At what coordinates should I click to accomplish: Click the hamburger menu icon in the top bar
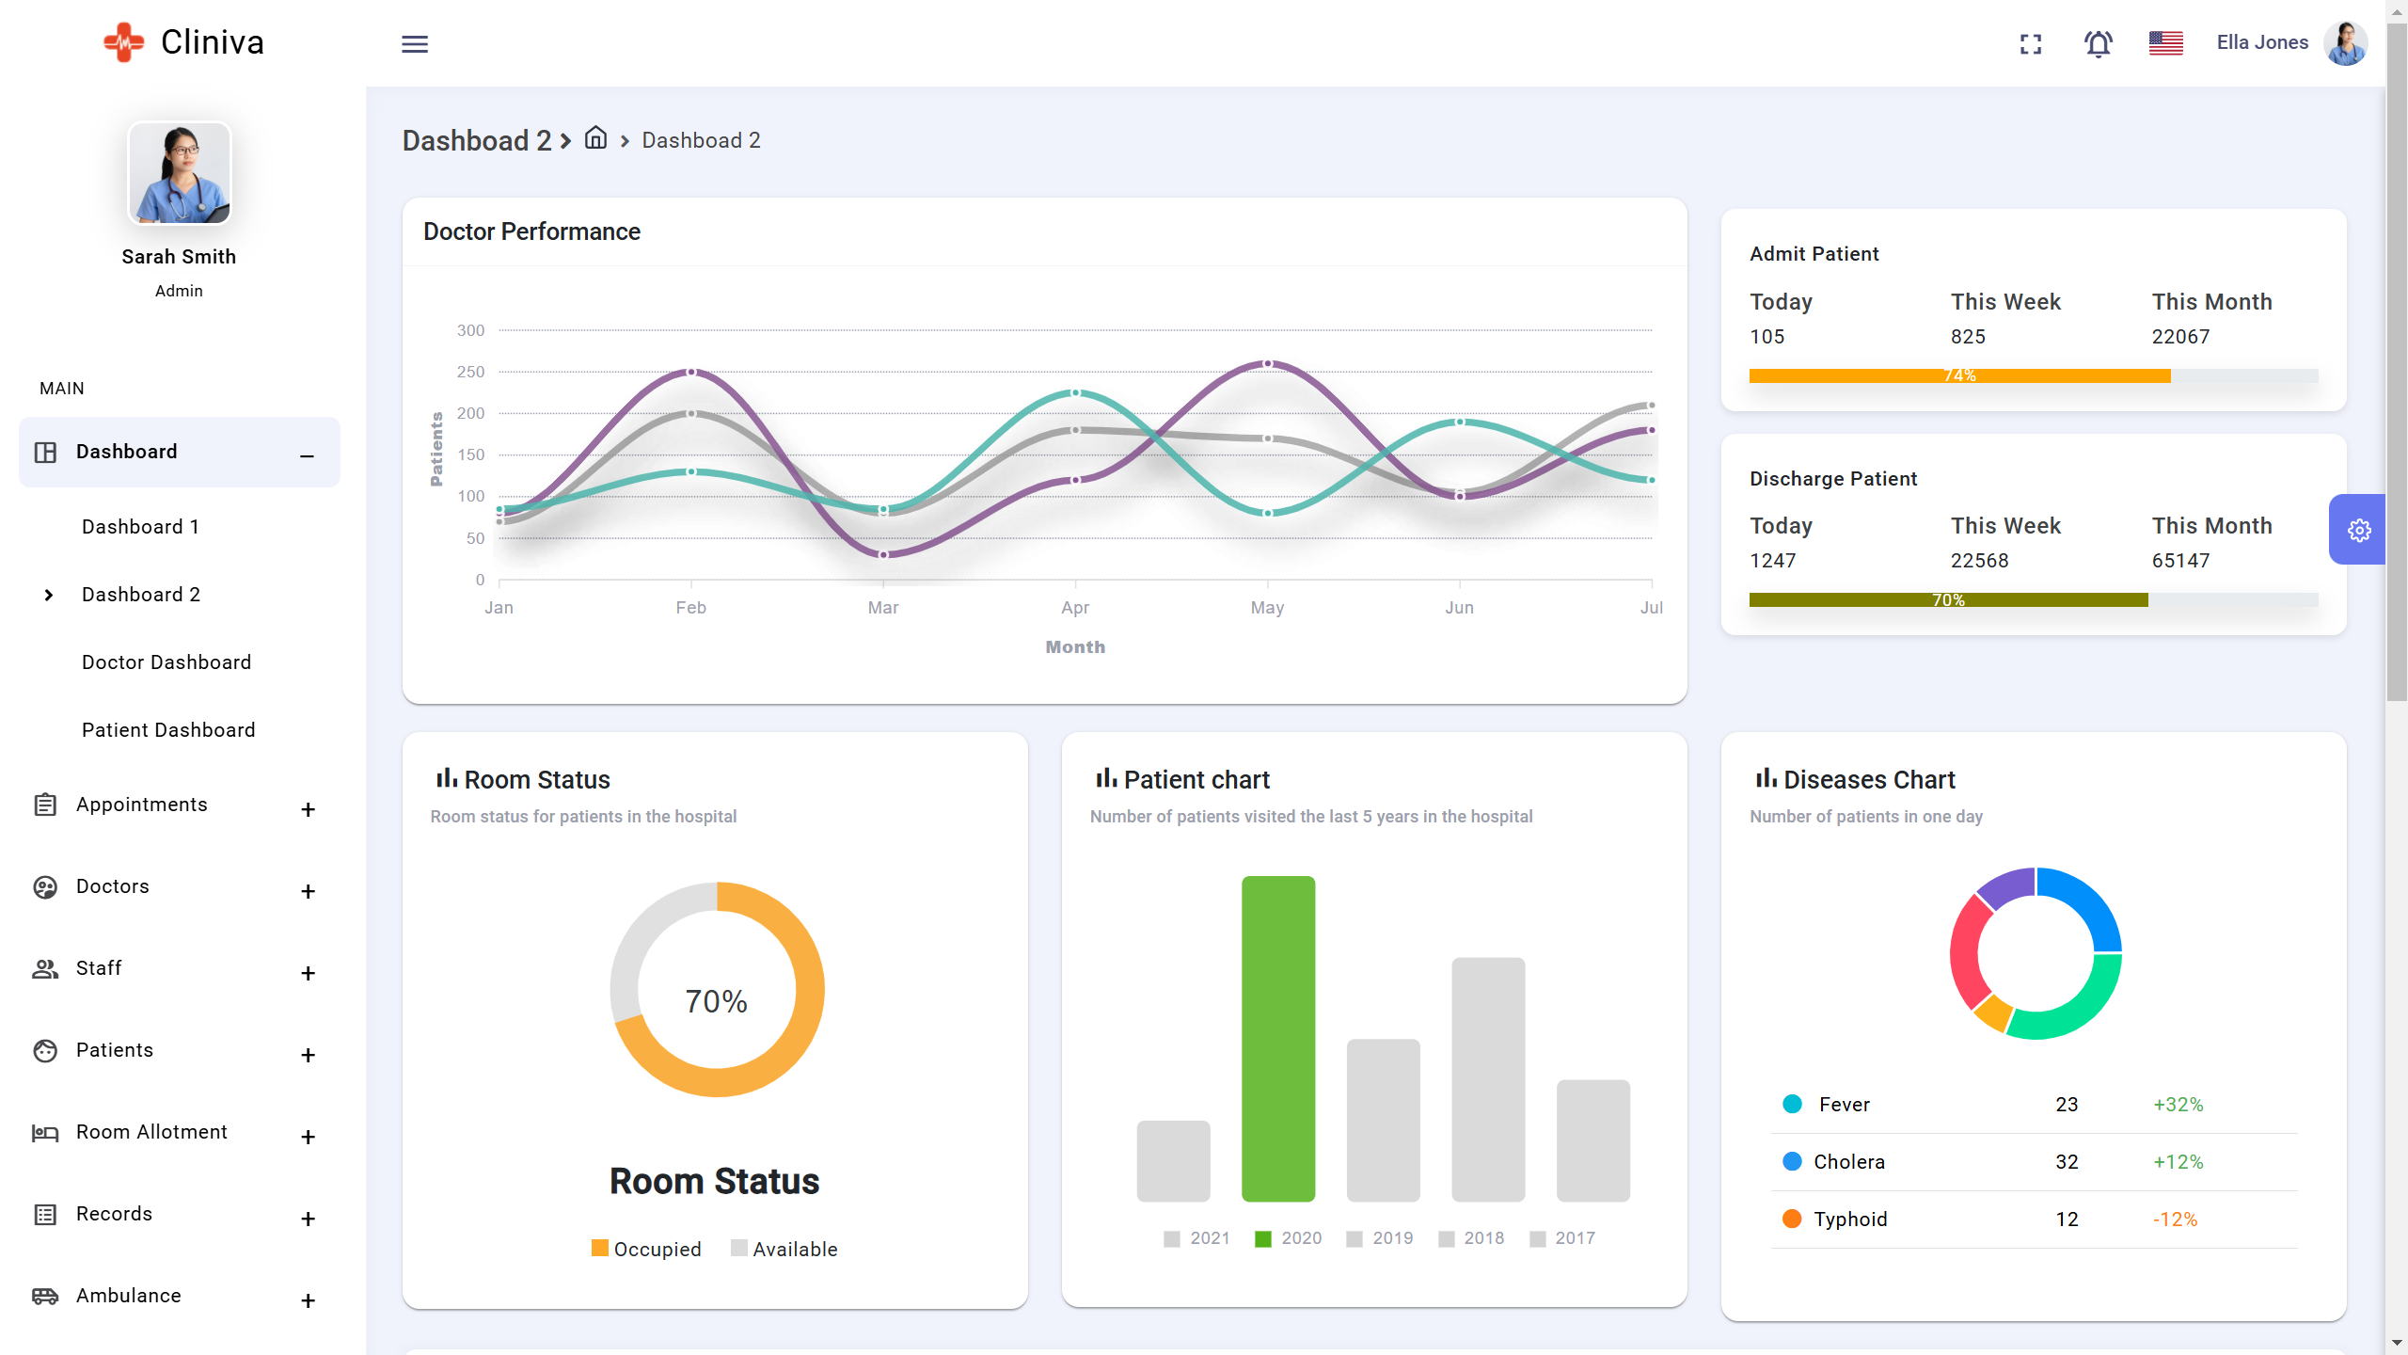415,44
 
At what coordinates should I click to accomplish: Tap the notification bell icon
2098,44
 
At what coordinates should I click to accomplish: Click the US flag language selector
2165,43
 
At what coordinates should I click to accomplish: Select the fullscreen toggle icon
2031,44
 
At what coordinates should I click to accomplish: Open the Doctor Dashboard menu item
166,662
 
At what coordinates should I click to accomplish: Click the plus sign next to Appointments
308,809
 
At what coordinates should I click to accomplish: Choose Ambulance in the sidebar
129,1296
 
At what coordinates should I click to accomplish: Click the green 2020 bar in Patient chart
1278,1039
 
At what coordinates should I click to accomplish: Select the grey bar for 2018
1488,1079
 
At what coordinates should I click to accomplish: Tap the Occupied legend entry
647,1249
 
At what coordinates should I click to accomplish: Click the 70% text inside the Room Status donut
717,1001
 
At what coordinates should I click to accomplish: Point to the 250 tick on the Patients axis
470,373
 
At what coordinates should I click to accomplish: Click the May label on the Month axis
1267,608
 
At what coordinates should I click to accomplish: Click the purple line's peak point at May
1268,363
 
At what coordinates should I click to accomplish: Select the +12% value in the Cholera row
2178,1162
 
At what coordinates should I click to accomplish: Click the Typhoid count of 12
2067,1219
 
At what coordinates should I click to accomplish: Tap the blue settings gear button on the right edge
2358,531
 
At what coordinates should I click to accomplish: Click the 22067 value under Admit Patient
2180,337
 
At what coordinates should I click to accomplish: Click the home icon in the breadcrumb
595,138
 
